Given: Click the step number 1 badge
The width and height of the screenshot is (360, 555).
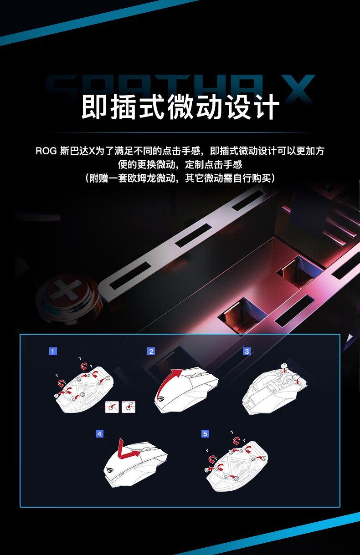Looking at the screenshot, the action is pyautogui.click(x=53, y=351).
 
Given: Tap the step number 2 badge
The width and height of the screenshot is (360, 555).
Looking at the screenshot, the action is pyautogui.click(x=151, y=351).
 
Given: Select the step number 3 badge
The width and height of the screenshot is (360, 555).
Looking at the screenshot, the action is pyautogui.click(x=247, y=351).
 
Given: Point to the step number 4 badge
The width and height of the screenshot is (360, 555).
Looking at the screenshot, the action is pyautogui.click(x=99, y=434).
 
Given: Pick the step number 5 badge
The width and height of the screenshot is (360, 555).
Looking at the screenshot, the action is pyautogui.click(x=205, y=434).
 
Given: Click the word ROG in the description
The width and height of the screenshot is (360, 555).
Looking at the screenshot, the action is pyautogui.click(x=46, y=151).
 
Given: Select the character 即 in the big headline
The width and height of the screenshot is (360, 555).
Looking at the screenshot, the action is pyautogui.click(x=94, y=107).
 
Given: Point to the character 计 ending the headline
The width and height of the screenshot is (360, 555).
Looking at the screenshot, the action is pyautogui.click(x=266, y=107).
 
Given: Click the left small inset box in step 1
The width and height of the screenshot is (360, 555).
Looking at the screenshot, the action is pyautogui.click(x=112, y=407).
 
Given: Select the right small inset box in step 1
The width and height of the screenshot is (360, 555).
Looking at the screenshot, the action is pyautogui.click(x=129, y=407).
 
